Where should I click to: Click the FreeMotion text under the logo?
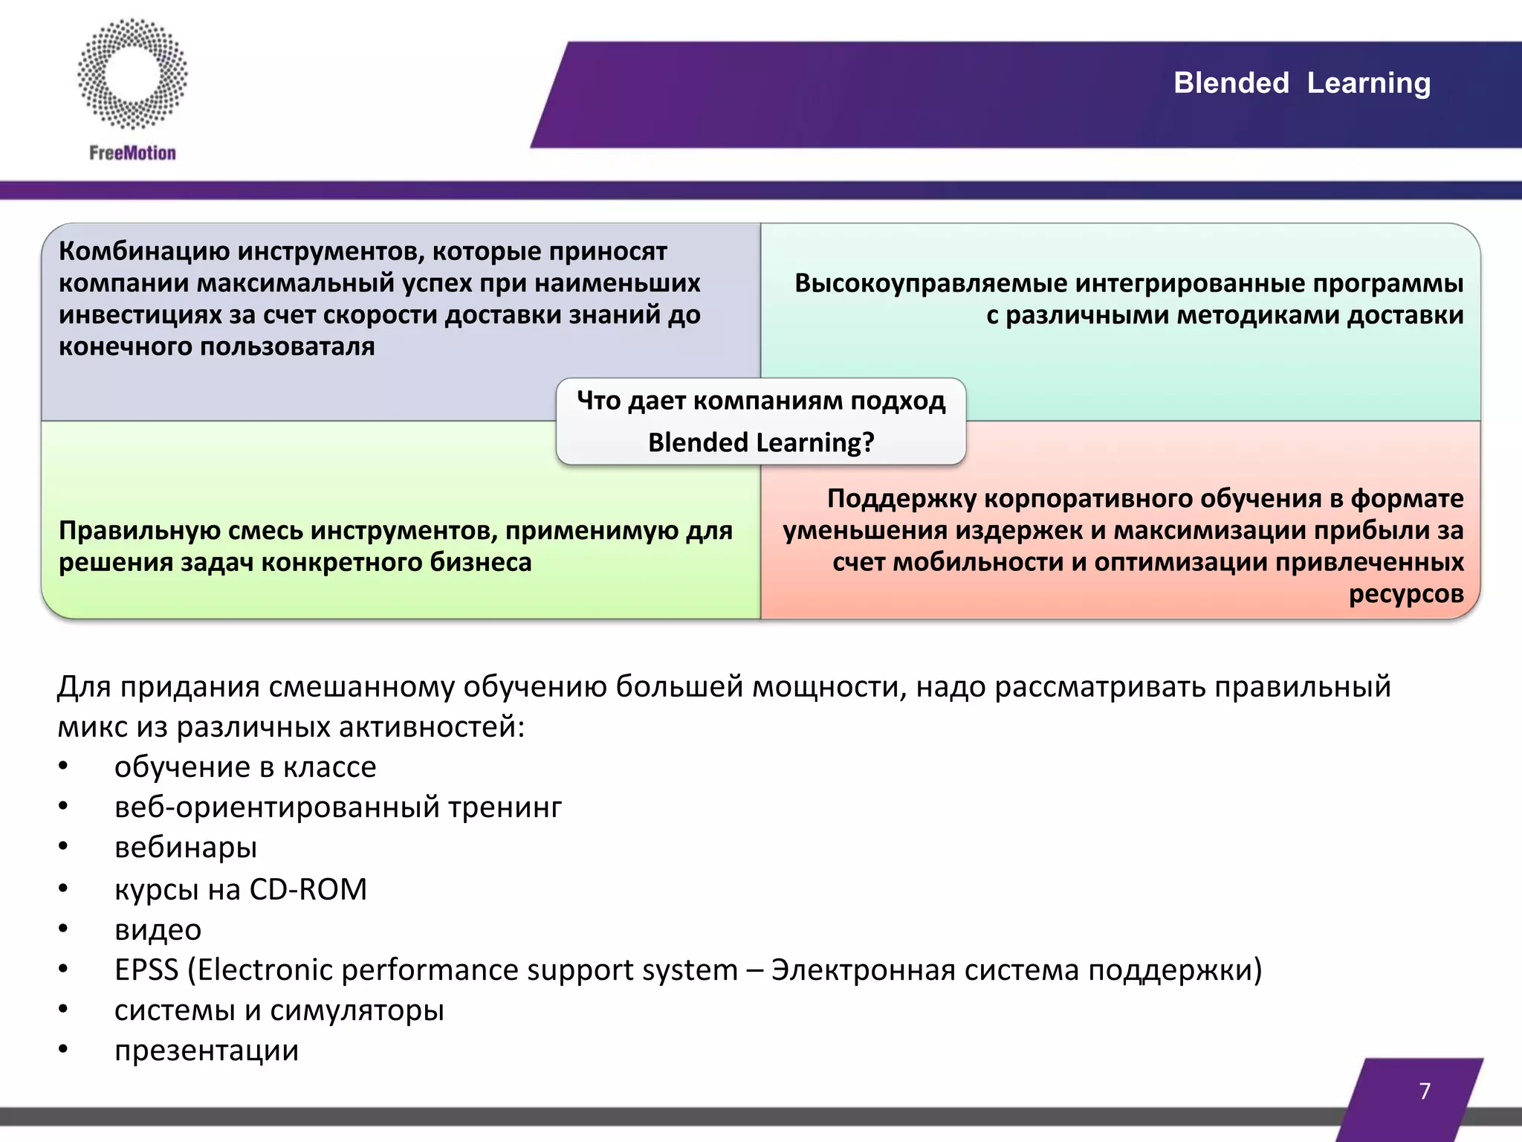point(132,153)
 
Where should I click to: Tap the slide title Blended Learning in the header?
point(1301,83)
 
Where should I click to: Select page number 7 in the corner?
point(1424,1091)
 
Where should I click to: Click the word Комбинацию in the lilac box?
point(144,251)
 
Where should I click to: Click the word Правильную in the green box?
point(139,531)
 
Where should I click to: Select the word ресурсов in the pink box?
point(1405,594)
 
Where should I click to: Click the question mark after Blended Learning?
point(867,443)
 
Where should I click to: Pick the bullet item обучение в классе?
point(245,767)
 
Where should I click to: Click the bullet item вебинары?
point(186,848)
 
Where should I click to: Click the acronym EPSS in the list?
point(146,970)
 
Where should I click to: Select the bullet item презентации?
point(207,1051)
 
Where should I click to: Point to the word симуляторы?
point(357,1010)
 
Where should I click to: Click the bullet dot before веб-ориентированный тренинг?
point(64,806)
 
